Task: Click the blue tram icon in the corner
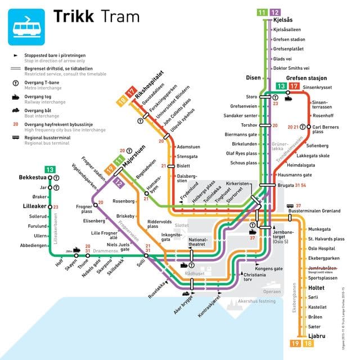[x=26, y=25]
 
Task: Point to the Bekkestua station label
[x=31, y=177]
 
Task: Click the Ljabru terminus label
[x=317, y=336]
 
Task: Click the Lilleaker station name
[x=32, y=206]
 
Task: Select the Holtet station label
[x=317, y=287]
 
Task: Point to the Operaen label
[x=272, y=291]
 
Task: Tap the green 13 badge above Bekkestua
[x=50, y=169]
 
